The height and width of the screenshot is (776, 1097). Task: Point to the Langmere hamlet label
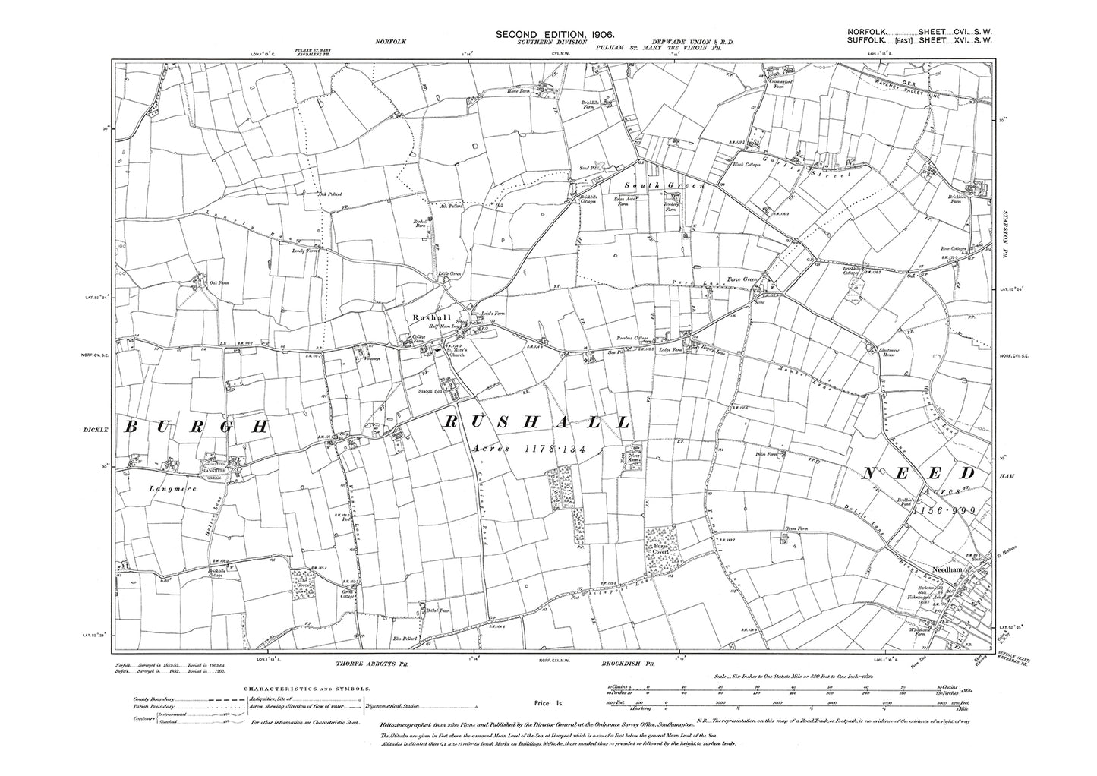coord(173,490)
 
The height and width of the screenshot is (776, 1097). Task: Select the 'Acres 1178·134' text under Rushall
coord(529,449)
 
